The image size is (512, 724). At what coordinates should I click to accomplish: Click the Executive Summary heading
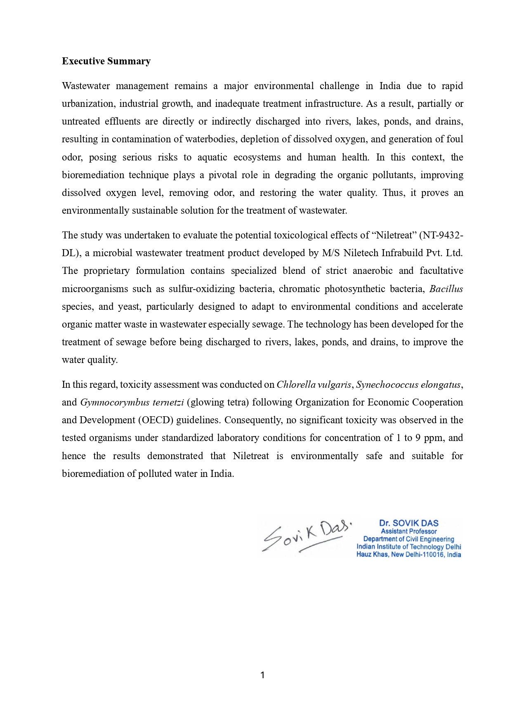click(106, 61)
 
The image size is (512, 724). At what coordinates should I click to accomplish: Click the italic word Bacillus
click(446, 289)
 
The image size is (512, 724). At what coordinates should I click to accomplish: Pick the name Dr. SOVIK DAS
click(408, 523)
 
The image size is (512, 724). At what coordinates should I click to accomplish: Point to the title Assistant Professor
click(408, 531)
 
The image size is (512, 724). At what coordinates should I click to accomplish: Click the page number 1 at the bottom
click(262, 675)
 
